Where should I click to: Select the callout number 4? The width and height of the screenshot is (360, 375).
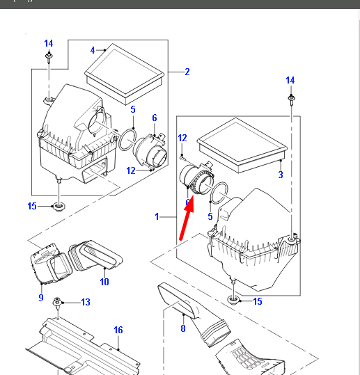point(92,50)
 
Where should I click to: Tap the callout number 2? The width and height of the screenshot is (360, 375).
point(187,72)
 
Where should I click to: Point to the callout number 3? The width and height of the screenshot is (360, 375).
point(281,175)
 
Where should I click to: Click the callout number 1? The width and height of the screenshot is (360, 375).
point(157,217)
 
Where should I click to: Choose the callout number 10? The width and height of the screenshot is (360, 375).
point(104,282)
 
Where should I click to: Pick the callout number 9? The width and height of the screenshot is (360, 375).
point(41,298)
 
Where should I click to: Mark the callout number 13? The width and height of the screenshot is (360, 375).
point(85,302)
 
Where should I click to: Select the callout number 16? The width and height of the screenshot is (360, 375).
point(118,330)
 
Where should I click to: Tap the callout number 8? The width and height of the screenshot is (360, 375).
point(183,328)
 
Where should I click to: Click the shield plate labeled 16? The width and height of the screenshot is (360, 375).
point(77,344)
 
